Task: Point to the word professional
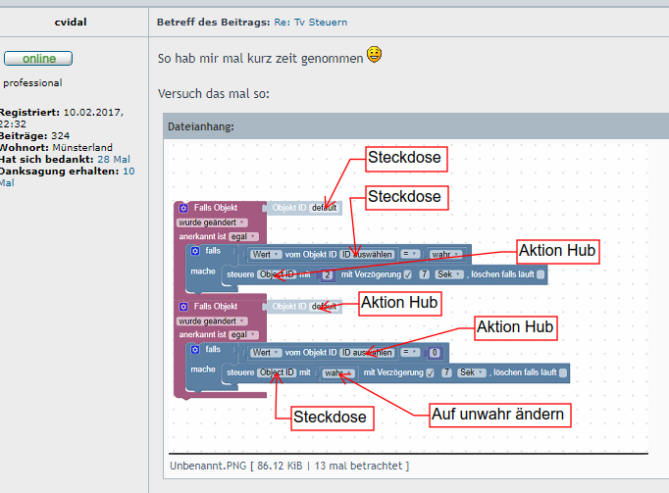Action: [x=32, y=83]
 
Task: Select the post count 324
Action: [x=60, y=135]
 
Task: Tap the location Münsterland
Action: [x=82, y=147]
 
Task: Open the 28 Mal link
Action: [x=114, y=159]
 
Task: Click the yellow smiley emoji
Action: [x=375, y=56]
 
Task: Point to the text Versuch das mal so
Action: [x=213, y=94]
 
